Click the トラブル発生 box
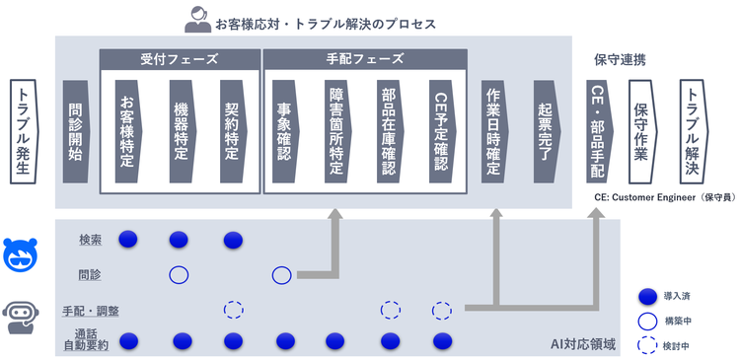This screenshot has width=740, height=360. (23, 131)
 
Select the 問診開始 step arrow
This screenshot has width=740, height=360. (76, 131)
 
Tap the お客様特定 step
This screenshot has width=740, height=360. (128, 131)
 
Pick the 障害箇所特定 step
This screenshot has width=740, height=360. (337, 131)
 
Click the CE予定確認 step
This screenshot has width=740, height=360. (442, 131)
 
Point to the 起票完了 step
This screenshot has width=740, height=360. (547, 131)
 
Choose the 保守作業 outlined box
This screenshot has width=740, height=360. (642, 131)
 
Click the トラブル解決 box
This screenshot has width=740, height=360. (694, 131)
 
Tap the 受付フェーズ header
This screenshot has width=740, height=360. (180, 59)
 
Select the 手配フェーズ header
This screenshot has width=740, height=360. (365, 59)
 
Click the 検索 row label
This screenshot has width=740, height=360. (91, 240)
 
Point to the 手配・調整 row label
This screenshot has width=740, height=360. (91, 311)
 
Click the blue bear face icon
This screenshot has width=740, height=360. (21, 255)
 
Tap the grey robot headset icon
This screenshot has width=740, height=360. (21, 317)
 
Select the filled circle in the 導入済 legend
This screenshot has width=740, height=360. (647, 297)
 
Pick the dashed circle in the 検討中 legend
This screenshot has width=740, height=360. (647, 346)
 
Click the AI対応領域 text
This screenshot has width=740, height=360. (583, 344)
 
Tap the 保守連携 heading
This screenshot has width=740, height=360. (620, 60)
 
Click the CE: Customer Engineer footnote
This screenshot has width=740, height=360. (665, 198)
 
